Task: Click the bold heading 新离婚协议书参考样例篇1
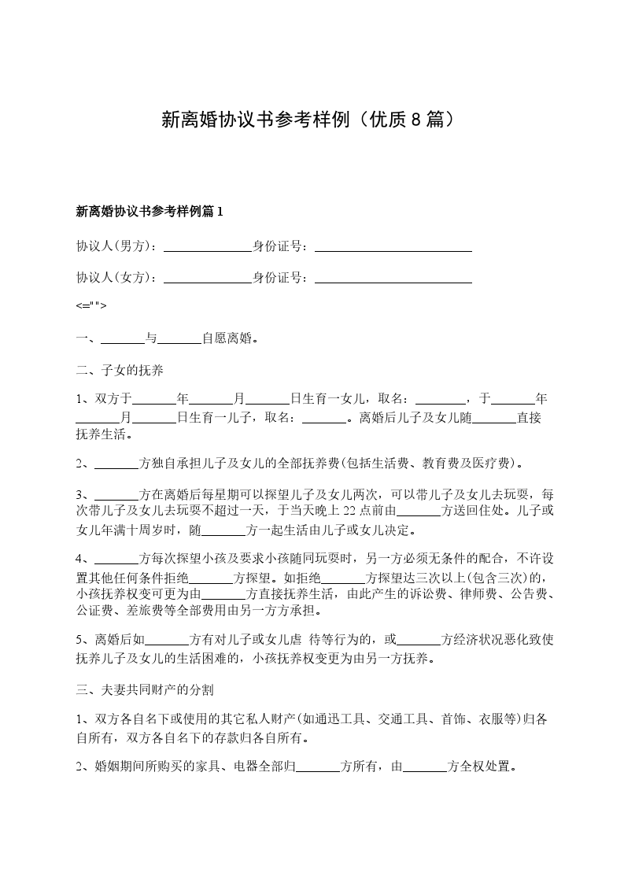[150, 211]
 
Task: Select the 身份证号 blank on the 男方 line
[393, 246]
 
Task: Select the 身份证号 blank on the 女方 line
[393, 278]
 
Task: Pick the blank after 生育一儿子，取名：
[324, 417]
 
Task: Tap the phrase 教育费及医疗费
[467, 464]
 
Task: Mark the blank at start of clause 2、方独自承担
[116, 464]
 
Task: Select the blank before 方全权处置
[425, 767]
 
